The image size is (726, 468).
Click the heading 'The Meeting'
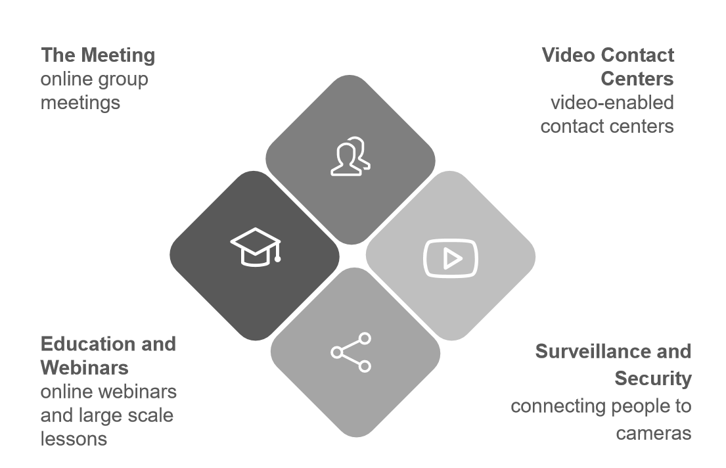(98, 55)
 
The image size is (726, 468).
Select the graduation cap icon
(255, 246)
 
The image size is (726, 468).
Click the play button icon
(451, 258)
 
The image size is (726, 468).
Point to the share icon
(351, 352)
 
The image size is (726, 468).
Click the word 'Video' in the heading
(569, 55)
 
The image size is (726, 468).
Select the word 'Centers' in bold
(637, 79)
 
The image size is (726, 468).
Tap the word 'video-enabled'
(612, 103)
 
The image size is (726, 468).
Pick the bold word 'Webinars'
(84, 367)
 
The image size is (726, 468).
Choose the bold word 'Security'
(652, 379)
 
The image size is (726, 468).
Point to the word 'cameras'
(653, 433)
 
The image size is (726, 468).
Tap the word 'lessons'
(74, 438)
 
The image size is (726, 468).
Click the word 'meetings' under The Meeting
(80, 103)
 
